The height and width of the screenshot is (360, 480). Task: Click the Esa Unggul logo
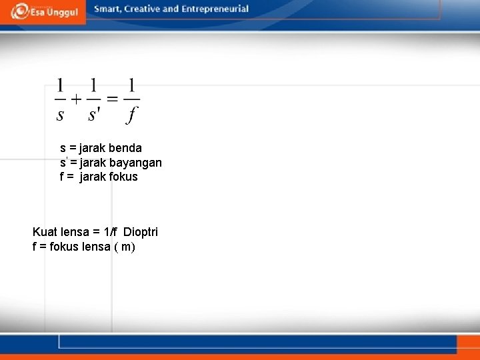click(44, 11)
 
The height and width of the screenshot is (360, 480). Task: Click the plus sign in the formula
click(76, 100)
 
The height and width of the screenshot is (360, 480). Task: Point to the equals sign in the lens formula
click(111, 100)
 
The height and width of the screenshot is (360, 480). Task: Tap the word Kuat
click(45, 232)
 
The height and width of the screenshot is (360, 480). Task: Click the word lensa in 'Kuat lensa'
click(75, 232)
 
